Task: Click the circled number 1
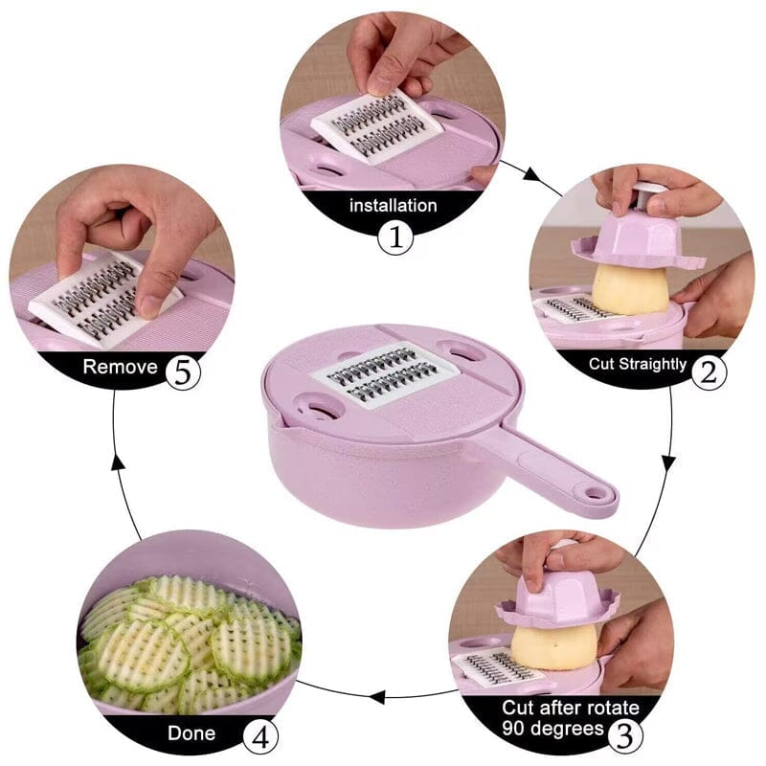click(x=394, y=237)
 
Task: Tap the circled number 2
click(x=708, y=370)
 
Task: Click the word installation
click(x=393, y=205)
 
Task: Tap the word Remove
click(x=120, y=366)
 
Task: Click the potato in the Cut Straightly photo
click(x=628, y=287)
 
